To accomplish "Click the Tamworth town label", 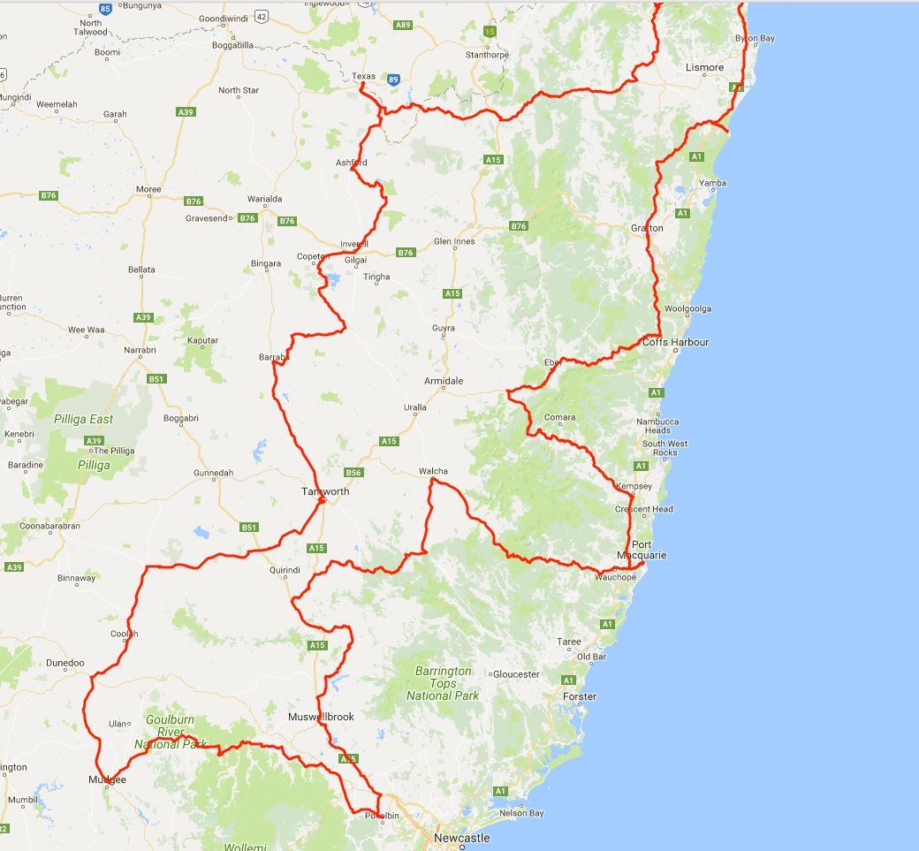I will (x=325, y=491).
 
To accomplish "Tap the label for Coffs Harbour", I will (x=675, y=342).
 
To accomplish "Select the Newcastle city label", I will (x=461, y=838).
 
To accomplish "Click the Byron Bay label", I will (x=755, y=39).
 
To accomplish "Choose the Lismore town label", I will (x=704, y=67).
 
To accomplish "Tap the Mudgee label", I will (x=107, y=780).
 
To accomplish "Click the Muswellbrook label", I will (x=321, y=717).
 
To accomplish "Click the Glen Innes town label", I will (x=454, y=241).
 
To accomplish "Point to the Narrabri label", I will (x=140, y=350).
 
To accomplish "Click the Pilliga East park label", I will (x=83, y=419).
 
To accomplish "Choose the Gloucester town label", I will (x=516, y=674).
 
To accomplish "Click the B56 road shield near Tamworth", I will (x=353, y=473).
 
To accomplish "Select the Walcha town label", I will (x=433, y=471).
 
